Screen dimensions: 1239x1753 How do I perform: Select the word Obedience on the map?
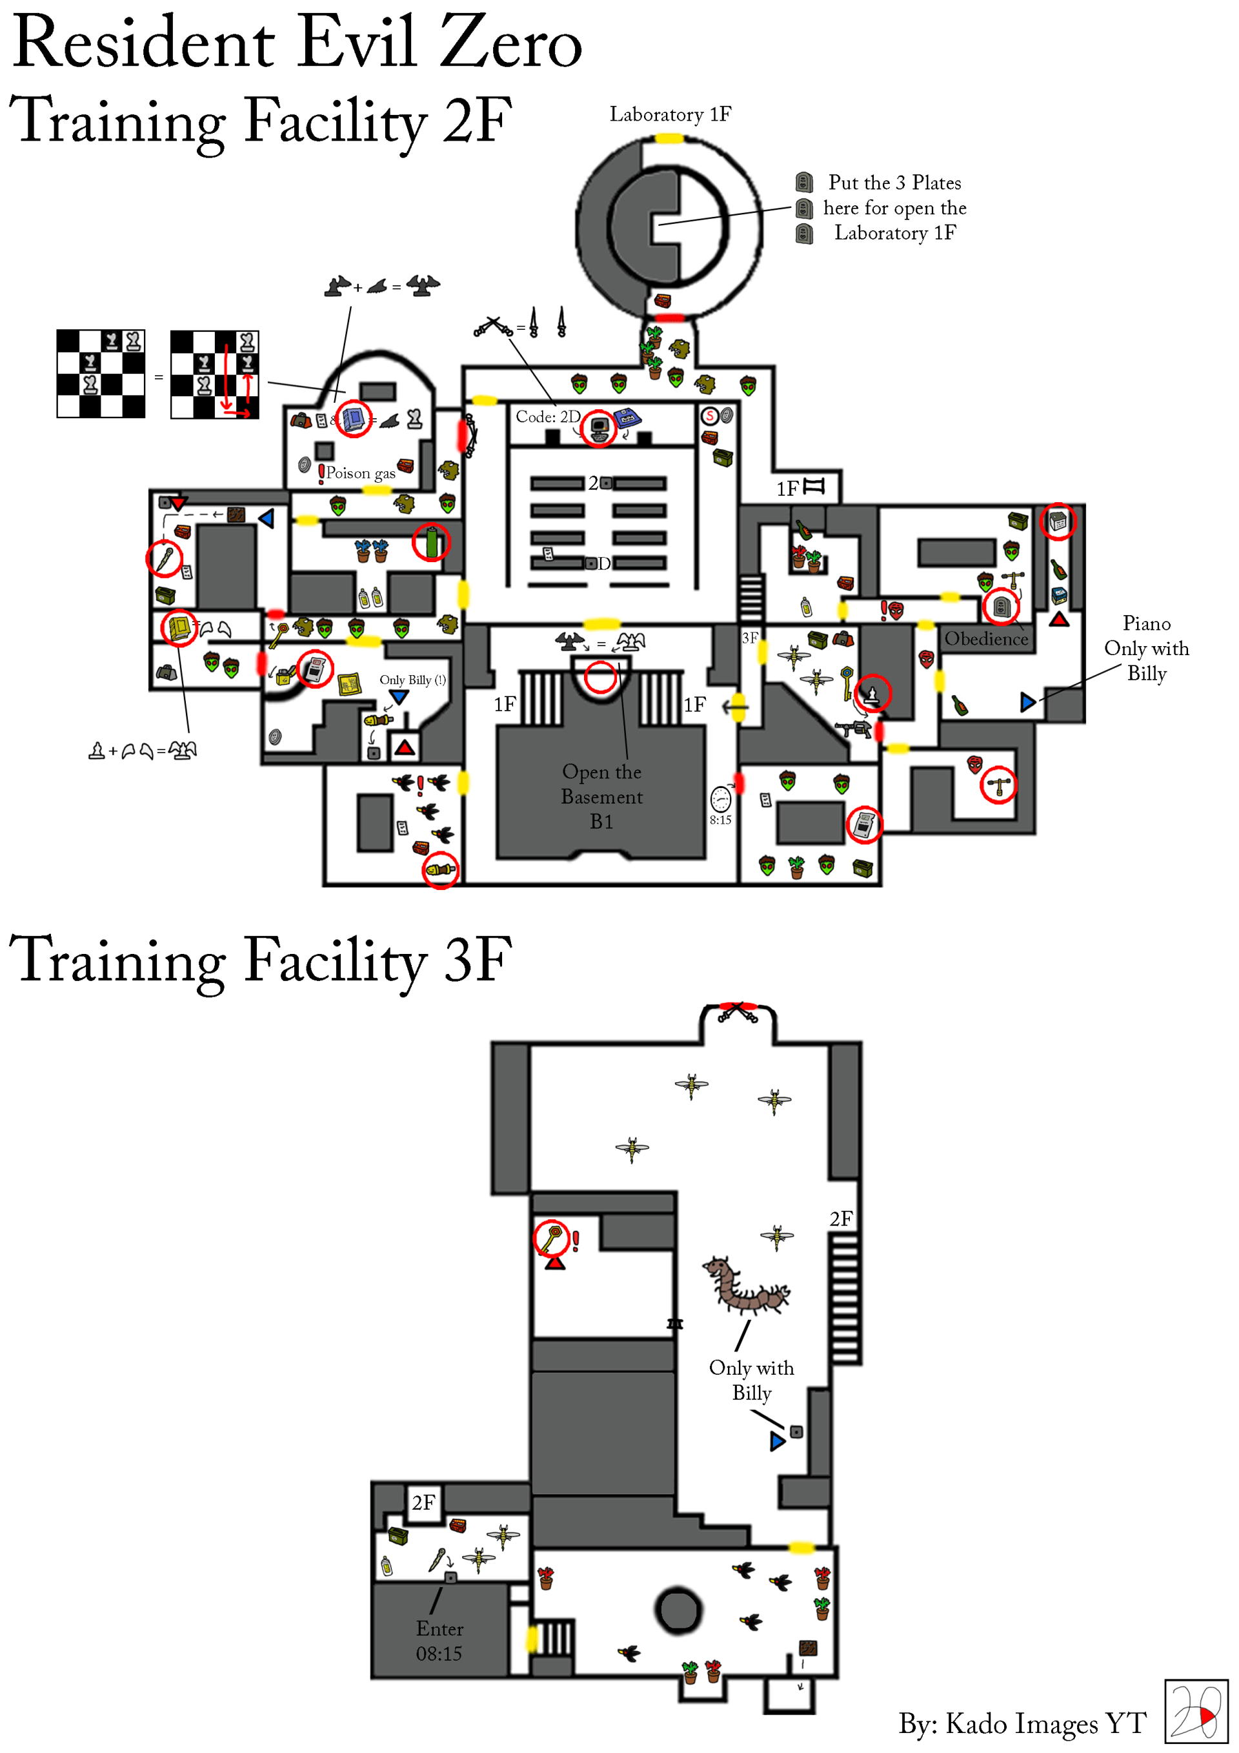tap(985, 638)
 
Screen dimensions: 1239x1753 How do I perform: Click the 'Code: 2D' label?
tap(548, 417)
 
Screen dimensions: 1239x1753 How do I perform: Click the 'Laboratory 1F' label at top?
tap(670, 114)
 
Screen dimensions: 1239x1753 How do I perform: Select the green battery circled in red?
tap(431, 542)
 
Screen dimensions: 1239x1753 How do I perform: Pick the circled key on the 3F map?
tap(550, 1239)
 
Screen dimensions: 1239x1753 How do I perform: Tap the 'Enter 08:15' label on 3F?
tap(439, 1641)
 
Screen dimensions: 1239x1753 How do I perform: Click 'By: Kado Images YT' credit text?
tap(1022, 1723)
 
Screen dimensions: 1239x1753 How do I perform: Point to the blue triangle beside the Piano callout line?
tap(1027, 702)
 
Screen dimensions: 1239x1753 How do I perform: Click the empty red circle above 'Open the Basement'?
tap(600, 677)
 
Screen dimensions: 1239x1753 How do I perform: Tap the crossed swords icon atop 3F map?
tap(737, 1013)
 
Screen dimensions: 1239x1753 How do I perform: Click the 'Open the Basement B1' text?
tap(601, 796)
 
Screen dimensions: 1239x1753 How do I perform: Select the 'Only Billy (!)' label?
tap(412, 680)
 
